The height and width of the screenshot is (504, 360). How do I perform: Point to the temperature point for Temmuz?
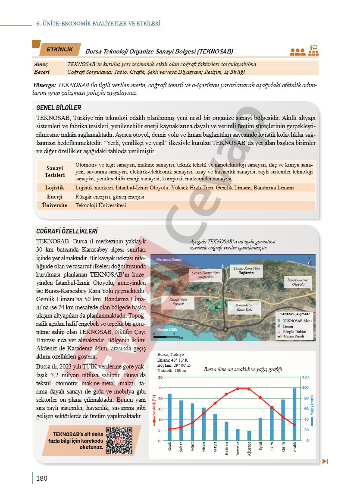click(x=238, y=389)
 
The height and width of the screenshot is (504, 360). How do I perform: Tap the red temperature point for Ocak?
click(x=169, y=429)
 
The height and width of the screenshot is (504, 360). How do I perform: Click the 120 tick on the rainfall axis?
click(x=305, y=377)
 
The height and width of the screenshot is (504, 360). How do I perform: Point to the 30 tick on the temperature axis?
click(x=160, y=378)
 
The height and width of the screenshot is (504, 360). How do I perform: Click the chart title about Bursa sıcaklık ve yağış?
click(x=243, y=369)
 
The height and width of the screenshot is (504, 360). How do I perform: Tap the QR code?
click(x=119, y=440)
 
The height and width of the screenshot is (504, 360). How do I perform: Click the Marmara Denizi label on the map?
click(x=169, y=260)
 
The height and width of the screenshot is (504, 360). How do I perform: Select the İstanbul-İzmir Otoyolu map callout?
click(x=298, y=283)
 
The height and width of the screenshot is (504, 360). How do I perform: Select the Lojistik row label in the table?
click(x=55, y=188)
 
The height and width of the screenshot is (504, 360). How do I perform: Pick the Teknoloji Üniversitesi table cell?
click(x=100, y=205)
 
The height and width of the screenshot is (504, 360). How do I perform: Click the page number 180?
click(x=42, y=478)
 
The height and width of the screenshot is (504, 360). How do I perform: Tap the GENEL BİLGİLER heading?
click(x=59, y=108)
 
